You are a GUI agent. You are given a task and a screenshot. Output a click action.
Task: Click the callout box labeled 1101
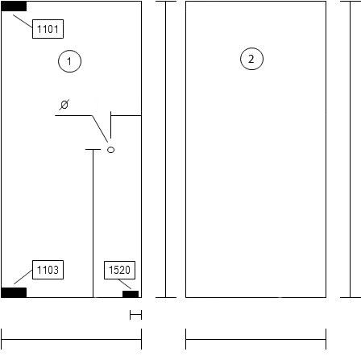click(x=48, y=29)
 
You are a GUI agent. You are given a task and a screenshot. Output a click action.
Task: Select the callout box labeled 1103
click(x=48, y=270)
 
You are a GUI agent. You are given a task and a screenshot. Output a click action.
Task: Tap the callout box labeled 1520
click(x=119, y=270)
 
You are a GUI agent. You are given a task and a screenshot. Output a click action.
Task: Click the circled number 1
click(x=69, y=61)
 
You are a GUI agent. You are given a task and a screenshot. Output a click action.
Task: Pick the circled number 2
click(x=251, y=59)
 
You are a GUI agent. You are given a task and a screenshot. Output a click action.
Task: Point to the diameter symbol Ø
click(x=64, y=105)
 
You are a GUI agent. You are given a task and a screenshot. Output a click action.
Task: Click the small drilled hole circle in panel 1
click(x=110, y=150)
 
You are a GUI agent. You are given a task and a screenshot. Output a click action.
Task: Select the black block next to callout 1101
click(x=14, y=6)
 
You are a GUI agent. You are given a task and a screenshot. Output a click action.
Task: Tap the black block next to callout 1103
click(x=14, y=292)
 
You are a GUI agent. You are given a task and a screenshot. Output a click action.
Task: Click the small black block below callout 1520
click(x=131, y=294)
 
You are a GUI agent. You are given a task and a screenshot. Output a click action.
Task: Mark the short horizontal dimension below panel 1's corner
click(x=135, y=315)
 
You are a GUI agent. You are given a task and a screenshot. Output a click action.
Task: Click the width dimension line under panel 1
click(x=72, y=339)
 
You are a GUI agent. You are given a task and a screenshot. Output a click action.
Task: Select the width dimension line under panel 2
click(x=256, y=339)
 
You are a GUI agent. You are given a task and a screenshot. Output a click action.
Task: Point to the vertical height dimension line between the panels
click(x=166, y=149)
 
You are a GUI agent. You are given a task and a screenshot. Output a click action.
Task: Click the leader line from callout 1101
click(x=23, y=22)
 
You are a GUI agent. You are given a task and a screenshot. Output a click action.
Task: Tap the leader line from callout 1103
click(x=23, y=277)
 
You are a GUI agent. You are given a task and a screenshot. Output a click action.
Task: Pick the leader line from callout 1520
click(x=125, y=284)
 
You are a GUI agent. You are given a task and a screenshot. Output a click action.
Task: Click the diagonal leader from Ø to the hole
click(x=100, y=129)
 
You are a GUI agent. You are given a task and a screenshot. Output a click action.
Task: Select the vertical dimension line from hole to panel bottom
click(x=93, y=223)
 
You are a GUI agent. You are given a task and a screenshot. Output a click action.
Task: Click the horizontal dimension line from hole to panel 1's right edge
click(x=127, y=116)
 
